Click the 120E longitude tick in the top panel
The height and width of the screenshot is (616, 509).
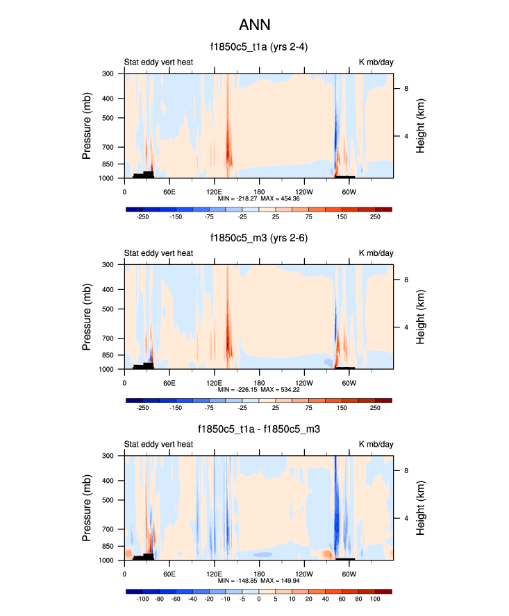[x=214, y=191]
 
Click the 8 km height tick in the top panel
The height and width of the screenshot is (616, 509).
[x=407, y=88]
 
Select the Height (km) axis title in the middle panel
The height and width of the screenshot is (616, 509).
[x=421, y=317]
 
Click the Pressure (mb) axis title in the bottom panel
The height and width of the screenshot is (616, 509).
[x=87, y=508]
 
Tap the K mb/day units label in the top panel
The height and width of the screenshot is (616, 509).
[x=376, y=62]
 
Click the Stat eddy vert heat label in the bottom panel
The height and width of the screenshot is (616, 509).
[x=158, y=444]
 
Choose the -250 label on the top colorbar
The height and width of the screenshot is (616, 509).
[x=143, y=216]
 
